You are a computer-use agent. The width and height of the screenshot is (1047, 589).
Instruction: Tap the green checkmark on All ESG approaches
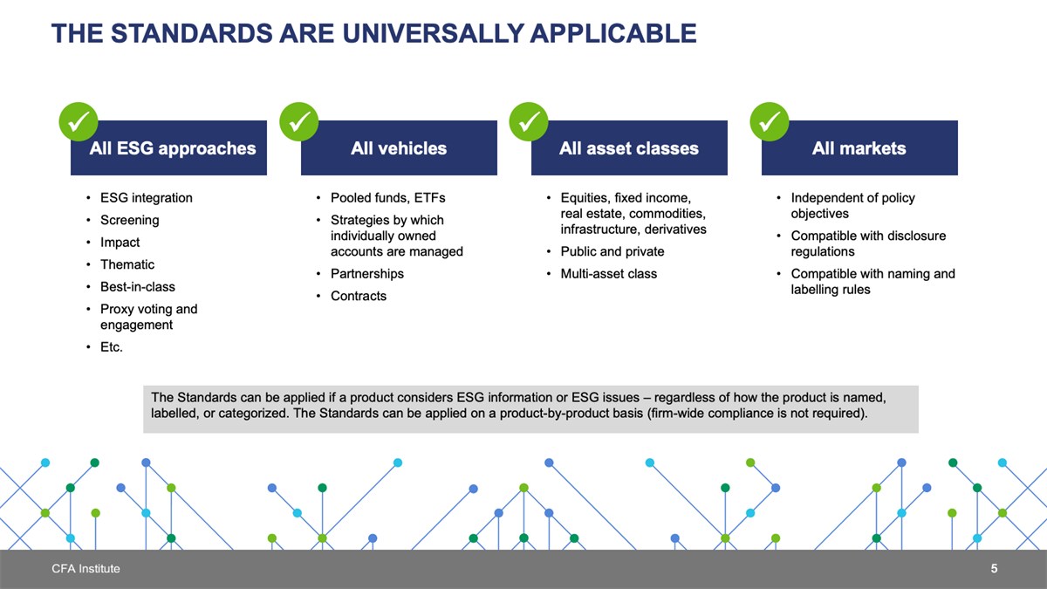pos(79,121)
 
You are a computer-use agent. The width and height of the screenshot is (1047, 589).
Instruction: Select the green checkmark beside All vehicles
pos(299,121)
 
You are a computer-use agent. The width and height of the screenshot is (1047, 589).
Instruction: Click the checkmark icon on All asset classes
pos(529,121)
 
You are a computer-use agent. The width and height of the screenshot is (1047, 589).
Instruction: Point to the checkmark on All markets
pos(770,121)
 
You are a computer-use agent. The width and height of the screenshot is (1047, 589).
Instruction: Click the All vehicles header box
pos(399,147)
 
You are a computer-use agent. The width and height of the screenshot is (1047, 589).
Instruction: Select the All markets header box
pos(859,147)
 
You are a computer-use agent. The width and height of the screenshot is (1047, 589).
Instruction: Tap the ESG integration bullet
pos(147,198)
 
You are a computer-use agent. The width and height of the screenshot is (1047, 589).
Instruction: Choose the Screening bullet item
pos(129,220)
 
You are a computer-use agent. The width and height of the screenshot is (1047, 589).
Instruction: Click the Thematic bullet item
pos(127,264)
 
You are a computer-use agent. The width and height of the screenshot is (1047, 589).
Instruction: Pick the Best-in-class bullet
pos(138,286)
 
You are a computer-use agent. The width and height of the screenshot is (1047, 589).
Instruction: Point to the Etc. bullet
pos(112,347)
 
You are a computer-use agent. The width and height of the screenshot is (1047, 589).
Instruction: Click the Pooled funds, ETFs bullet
pos(388,198)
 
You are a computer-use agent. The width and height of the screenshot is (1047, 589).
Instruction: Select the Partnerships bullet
pos(367,273)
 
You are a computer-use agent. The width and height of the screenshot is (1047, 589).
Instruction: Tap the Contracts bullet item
pos(359,296)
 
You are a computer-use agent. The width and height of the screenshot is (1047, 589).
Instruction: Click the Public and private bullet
pos(612,251)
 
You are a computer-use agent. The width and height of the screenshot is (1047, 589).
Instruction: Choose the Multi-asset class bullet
pos(609,273)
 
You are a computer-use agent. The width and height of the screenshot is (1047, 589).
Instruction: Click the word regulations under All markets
pos(823,251)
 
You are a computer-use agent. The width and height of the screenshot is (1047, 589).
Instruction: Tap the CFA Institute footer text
pos(86,568)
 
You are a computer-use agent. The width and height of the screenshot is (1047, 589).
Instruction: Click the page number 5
pos(994,568)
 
